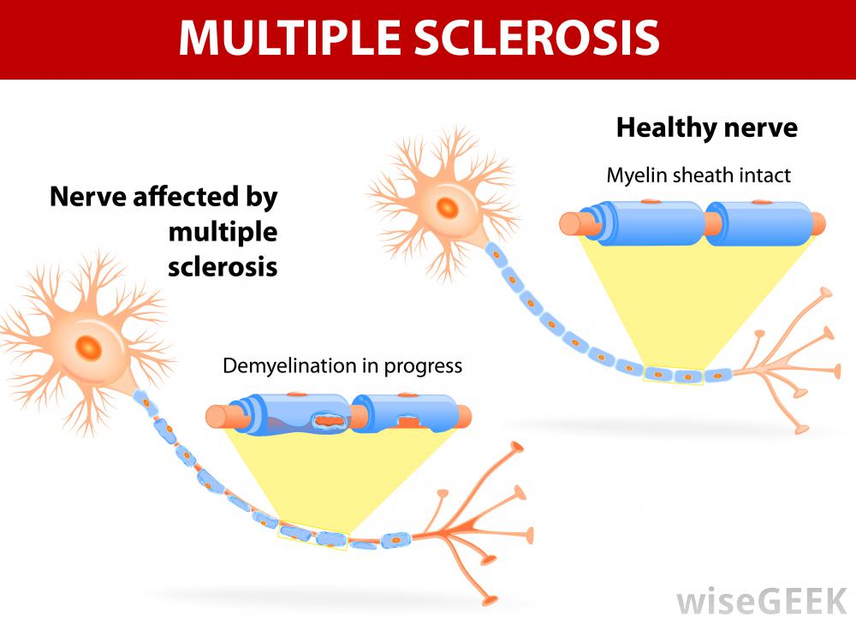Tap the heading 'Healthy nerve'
(706, 128)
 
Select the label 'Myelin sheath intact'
(698, 175)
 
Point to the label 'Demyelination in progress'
(342, 366)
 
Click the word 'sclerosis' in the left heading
(223, 265)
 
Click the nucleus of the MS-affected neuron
(87, 346)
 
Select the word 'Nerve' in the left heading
(86, 198)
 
